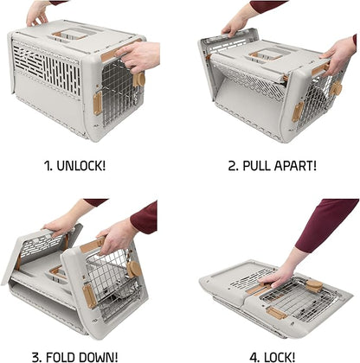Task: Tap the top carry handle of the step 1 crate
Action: coord(72,35)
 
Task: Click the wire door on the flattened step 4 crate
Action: coord(294,298)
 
